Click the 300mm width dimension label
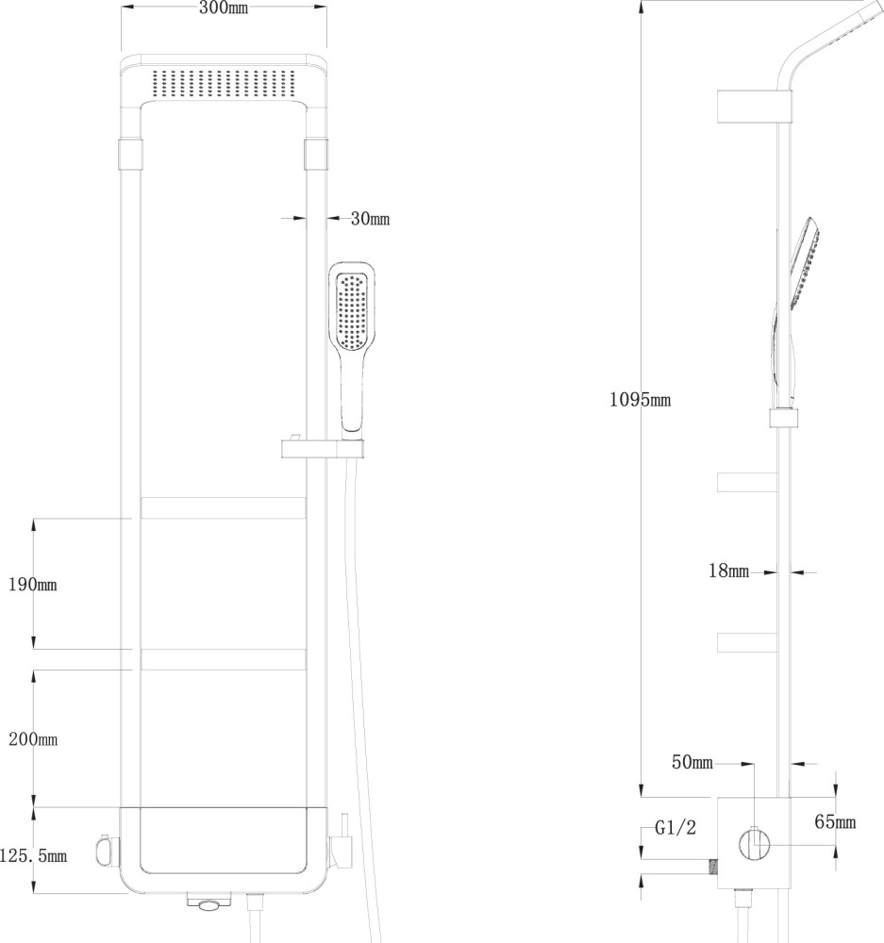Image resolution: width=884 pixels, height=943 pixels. click(x=224, y=9)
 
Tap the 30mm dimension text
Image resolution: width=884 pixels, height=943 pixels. click(x=370, y=219)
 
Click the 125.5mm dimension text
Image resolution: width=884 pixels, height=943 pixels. click(x=34, y=856)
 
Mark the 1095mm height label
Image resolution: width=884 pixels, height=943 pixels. click(x=640, y=400)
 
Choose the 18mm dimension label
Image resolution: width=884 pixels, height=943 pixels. click(x=729, y=571)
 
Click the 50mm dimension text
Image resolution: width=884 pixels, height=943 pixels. click(x=692, y=762)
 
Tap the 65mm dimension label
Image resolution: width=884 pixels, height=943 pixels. click(x=835, y=822)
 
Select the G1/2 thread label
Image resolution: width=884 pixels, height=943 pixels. click(x=676, y=829)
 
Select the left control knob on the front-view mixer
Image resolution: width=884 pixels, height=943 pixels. click(x=104, y=852)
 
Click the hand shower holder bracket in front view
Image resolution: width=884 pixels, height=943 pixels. click(x=321, y=447)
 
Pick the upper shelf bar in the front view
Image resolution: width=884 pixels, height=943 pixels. click(x=224, y=506)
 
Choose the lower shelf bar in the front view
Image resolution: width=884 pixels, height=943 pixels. click(x=224, y=658)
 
